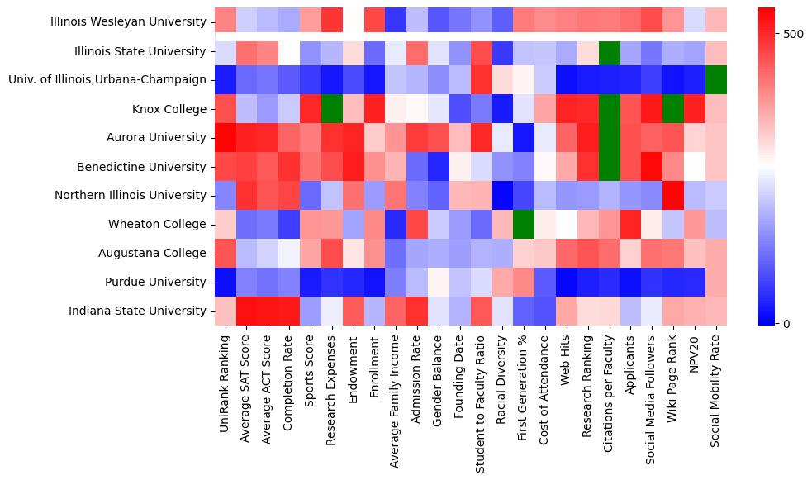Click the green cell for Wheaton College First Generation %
point(524,224)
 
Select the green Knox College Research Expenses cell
point(331,108)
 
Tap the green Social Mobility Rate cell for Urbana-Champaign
point(716,79)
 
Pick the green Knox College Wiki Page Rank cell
point(673,108)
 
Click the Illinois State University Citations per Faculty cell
point(610,51)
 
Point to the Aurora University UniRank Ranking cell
point(225,137)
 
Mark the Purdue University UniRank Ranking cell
point(225,282)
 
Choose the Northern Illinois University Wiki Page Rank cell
point(673,195)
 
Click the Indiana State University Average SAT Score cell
point(246,311)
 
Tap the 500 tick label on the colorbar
point(793,34)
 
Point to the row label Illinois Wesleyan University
point(128,22)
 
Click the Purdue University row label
point(157,282)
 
